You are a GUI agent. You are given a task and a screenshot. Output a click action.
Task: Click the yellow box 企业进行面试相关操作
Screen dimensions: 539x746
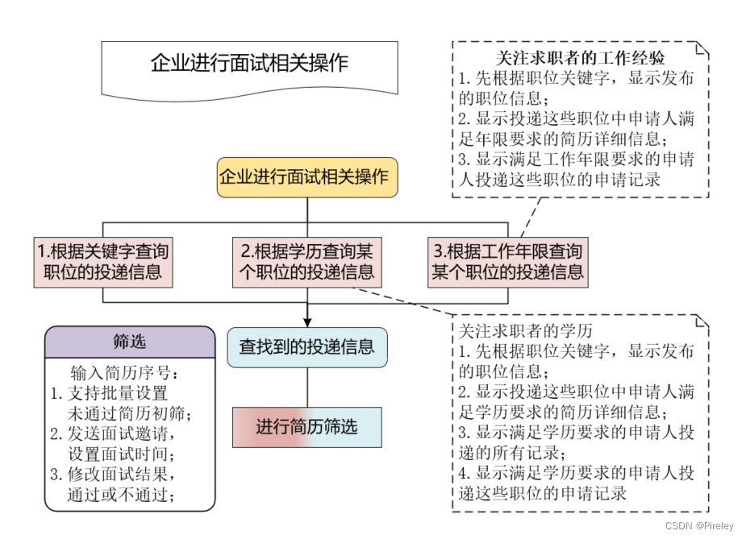(306, 177)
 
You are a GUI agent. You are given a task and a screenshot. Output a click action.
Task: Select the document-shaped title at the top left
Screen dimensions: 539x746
(249, 65)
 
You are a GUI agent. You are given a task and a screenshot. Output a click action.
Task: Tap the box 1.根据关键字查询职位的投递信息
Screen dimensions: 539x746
(103, 260)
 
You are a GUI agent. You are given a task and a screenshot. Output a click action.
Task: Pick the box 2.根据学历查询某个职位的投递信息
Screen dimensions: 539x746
(307, 260)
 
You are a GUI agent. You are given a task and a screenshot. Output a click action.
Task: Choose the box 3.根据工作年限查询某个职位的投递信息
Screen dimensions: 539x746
(507, 260)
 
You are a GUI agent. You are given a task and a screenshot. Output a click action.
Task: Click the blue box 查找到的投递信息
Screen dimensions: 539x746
(306, 347)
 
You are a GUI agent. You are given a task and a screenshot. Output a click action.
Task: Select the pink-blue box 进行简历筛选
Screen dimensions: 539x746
(306, 427)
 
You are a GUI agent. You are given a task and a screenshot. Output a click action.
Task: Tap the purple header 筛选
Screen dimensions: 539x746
(130, 342)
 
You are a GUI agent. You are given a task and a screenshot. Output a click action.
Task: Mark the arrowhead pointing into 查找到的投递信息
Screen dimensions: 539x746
(307, 321)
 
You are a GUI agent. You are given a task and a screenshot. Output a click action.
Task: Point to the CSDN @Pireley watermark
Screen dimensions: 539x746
(700, 526)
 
